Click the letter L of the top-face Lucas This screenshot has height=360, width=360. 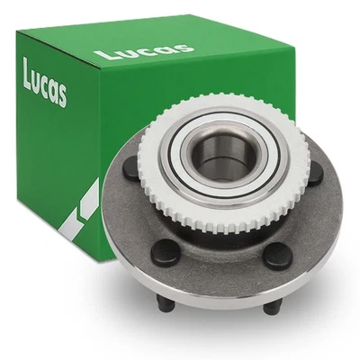tap(102, 56)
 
